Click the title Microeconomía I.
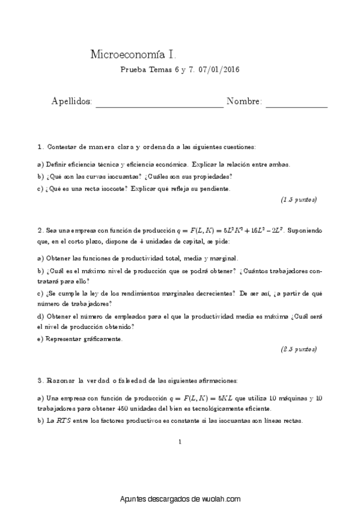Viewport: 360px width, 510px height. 132,55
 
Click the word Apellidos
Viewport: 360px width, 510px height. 72,102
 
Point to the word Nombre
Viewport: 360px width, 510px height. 244,102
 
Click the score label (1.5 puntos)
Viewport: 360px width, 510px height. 299,199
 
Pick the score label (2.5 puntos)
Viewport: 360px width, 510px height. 299,349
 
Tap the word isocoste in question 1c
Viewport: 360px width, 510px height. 113,188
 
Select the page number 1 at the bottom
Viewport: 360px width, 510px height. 180,443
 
